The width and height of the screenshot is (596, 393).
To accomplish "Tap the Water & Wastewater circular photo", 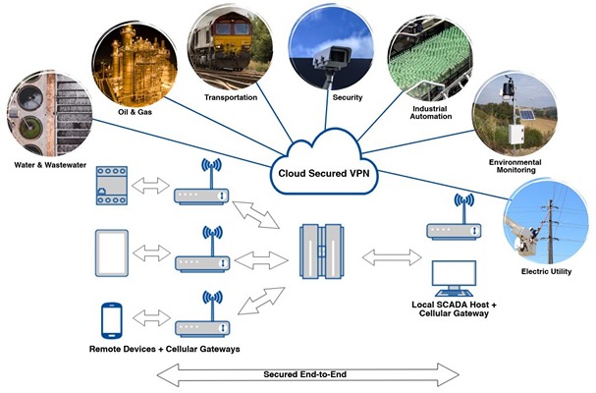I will [45, 111].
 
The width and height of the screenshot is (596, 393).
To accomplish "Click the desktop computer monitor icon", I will [454, 278].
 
